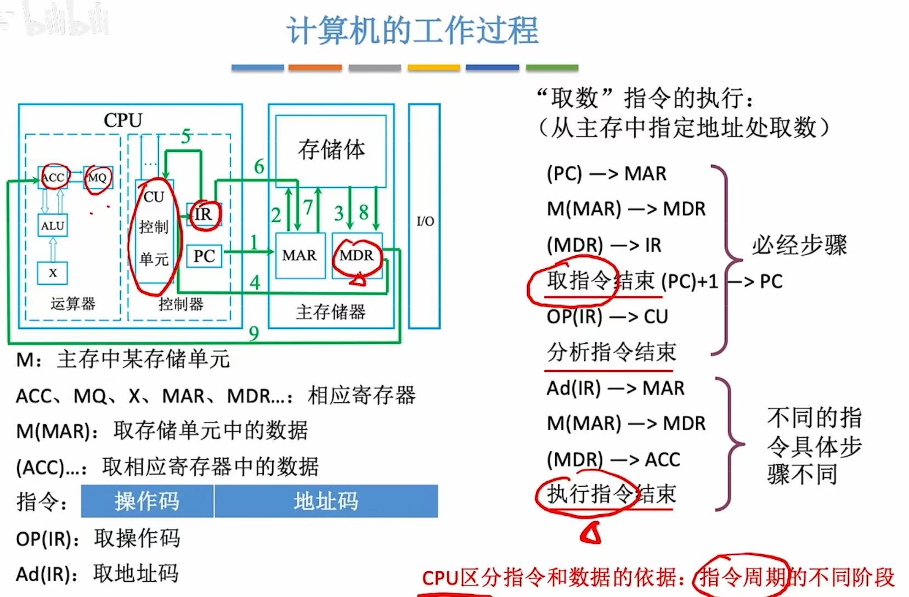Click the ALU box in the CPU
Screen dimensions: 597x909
tap(53, 226)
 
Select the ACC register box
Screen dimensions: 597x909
tap(53, 177)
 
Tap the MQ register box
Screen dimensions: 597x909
tap(98, 177)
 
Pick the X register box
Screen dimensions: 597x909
tap(53, 273)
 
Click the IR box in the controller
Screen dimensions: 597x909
tap(204, 214)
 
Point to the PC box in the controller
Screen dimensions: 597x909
tap(204, 256)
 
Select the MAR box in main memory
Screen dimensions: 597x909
tap(300, 255)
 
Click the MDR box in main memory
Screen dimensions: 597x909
tap(357, 255)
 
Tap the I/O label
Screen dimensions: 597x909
tap(425, 221)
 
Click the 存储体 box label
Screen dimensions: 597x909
tap(331, 149)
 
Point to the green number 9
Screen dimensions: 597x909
tap(253, 333)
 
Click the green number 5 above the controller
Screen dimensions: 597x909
tap(186, 136)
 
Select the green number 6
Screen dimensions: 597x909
tap(259, 166)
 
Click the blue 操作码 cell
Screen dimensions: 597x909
tap(147, 501)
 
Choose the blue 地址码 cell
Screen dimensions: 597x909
tap(326, 501)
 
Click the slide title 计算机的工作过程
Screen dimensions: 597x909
tap(413, 30)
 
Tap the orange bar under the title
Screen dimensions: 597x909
tap(315, 67)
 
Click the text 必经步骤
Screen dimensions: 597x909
tap(799, 245)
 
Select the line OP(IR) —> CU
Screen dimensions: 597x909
tap(607, 317)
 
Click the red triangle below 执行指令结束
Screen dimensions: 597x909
tap(591, 533)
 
